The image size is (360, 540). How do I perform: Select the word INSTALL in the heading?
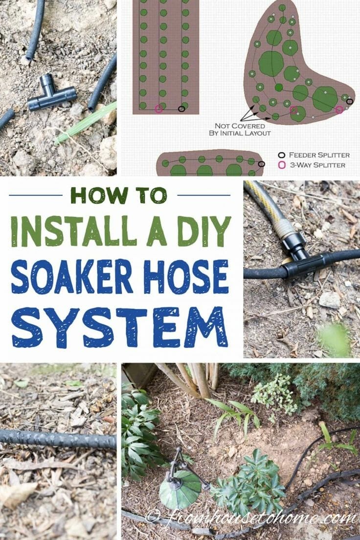[72, 231]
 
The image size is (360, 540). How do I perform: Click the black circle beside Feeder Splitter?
[282, 155]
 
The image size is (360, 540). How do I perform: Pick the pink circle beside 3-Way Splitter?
[282, 165]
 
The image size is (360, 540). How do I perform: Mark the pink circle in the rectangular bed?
[158, 109]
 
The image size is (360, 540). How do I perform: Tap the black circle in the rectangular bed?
[181, 109]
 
